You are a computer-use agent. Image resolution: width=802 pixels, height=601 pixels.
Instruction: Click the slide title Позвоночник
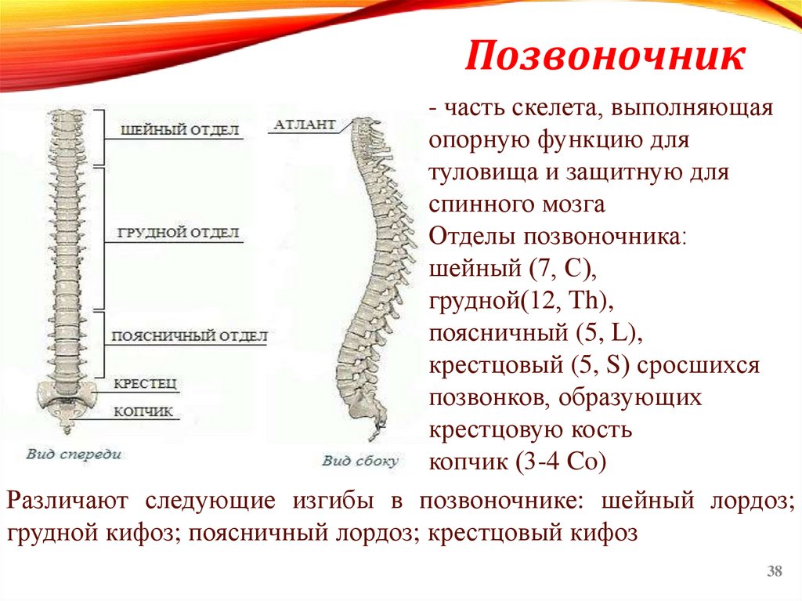[605, 58]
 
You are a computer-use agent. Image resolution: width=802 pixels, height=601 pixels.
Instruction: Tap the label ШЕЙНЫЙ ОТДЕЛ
[179, 130]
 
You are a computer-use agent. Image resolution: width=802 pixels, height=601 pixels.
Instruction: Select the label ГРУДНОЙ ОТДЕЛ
[179, 234]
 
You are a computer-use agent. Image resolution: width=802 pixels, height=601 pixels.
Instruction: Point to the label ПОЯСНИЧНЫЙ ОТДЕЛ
[189, 335]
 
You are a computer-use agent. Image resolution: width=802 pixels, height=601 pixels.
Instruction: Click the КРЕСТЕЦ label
[146, 383]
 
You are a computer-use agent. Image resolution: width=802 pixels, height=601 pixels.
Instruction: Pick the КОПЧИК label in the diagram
[143, 411]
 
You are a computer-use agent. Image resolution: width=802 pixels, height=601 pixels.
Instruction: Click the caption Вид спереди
[74, 454]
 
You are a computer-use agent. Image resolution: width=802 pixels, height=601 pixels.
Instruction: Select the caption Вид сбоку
[360, 461]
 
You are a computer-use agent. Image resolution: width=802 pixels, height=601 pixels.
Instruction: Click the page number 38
[775, 571]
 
